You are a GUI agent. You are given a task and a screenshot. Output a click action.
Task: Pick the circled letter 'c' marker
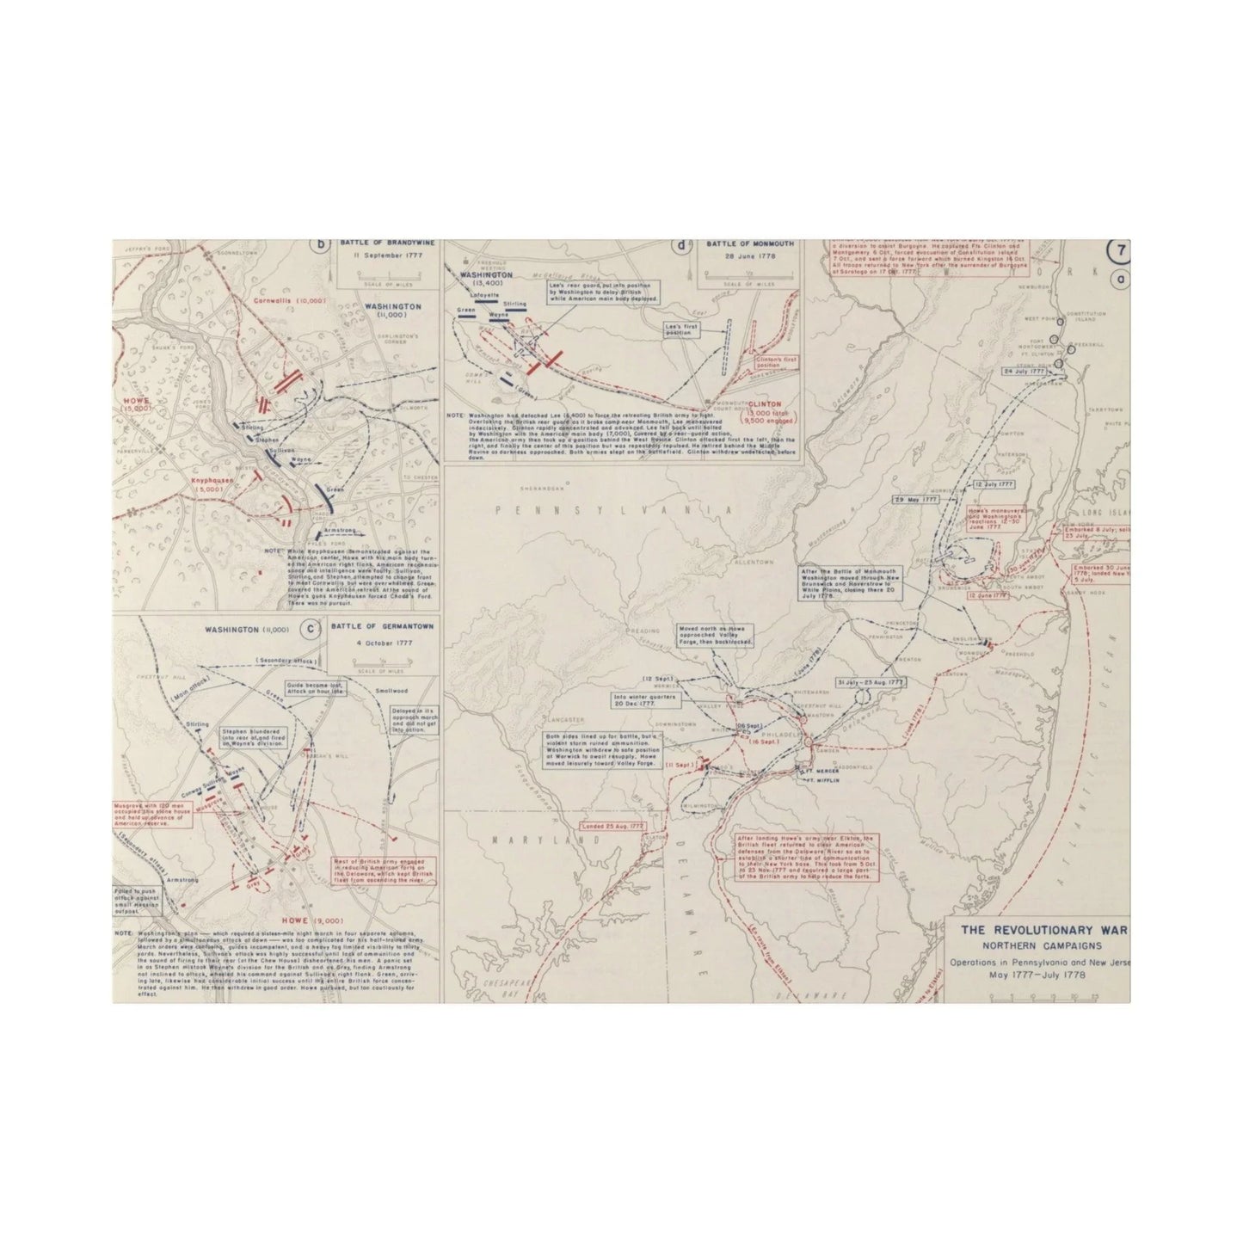[308, 627]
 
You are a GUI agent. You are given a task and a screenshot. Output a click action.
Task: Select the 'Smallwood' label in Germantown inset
[391, 690]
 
